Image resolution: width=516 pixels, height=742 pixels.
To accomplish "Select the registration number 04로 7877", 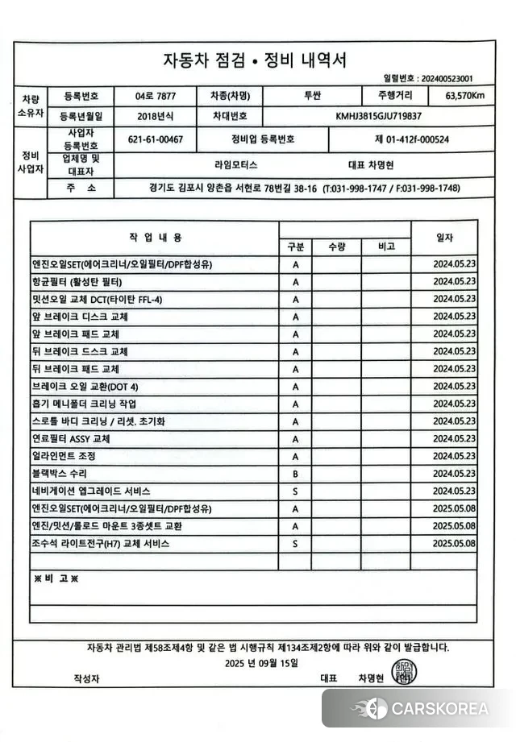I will [x=155, y=96].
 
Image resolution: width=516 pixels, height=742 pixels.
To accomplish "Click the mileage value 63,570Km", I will [x=464, y=96].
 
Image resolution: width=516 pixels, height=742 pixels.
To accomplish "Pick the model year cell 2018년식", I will [x=155, y=116].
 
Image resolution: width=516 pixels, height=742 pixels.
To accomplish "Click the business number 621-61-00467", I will [x=155, y=139].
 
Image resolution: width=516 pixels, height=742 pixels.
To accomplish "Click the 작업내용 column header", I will [x=155, y=237].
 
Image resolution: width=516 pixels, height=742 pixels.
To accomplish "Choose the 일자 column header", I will [x=444, y=237].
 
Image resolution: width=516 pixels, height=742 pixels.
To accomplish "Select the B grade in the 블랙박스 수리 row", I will [x=296, y=474].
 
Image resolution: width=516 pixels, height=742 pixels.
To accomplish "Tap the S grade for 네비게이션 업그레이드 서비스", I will [x=296, y=491].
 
